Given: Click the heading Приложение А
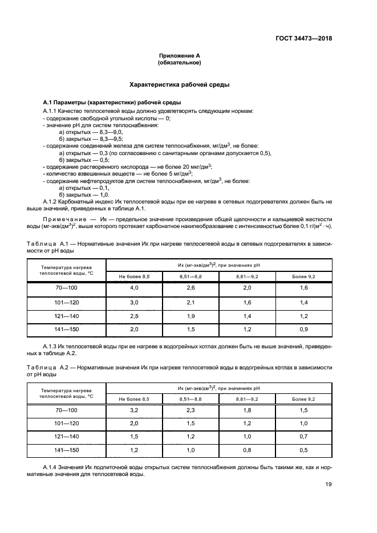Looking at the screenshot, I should [x=180, y=56].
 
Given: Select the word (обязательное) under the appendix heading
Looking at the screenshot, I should [x=180, y=63].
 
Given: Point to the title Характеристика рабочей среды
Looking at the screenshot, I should [x=180, y=84].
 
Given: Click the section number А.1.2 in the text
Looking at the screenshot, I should [x=52, y=202].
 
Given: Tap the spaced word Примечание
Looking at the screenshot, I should [x=63, y=219].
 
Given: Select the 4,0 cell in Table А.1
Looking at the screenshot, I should [x=134, y=288].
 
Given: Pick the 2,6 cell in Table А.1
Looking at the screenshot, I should [x=190, y=288].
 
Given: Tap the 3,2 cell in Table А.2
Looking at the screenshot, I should [x=134, y=409].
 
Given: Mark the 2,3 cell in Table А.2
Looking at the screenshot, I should [x=190, y=409].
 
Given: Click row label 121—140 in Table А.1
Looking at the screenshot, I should [x=66, y=316].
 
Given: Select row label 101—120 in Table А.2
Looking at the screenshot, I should [x=66, y=423].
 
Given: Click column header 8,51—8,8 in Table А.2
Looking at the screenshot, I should [x=190, y=398].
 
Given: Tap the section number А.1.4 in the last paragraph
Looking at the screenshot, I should [x=52, y=467].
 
